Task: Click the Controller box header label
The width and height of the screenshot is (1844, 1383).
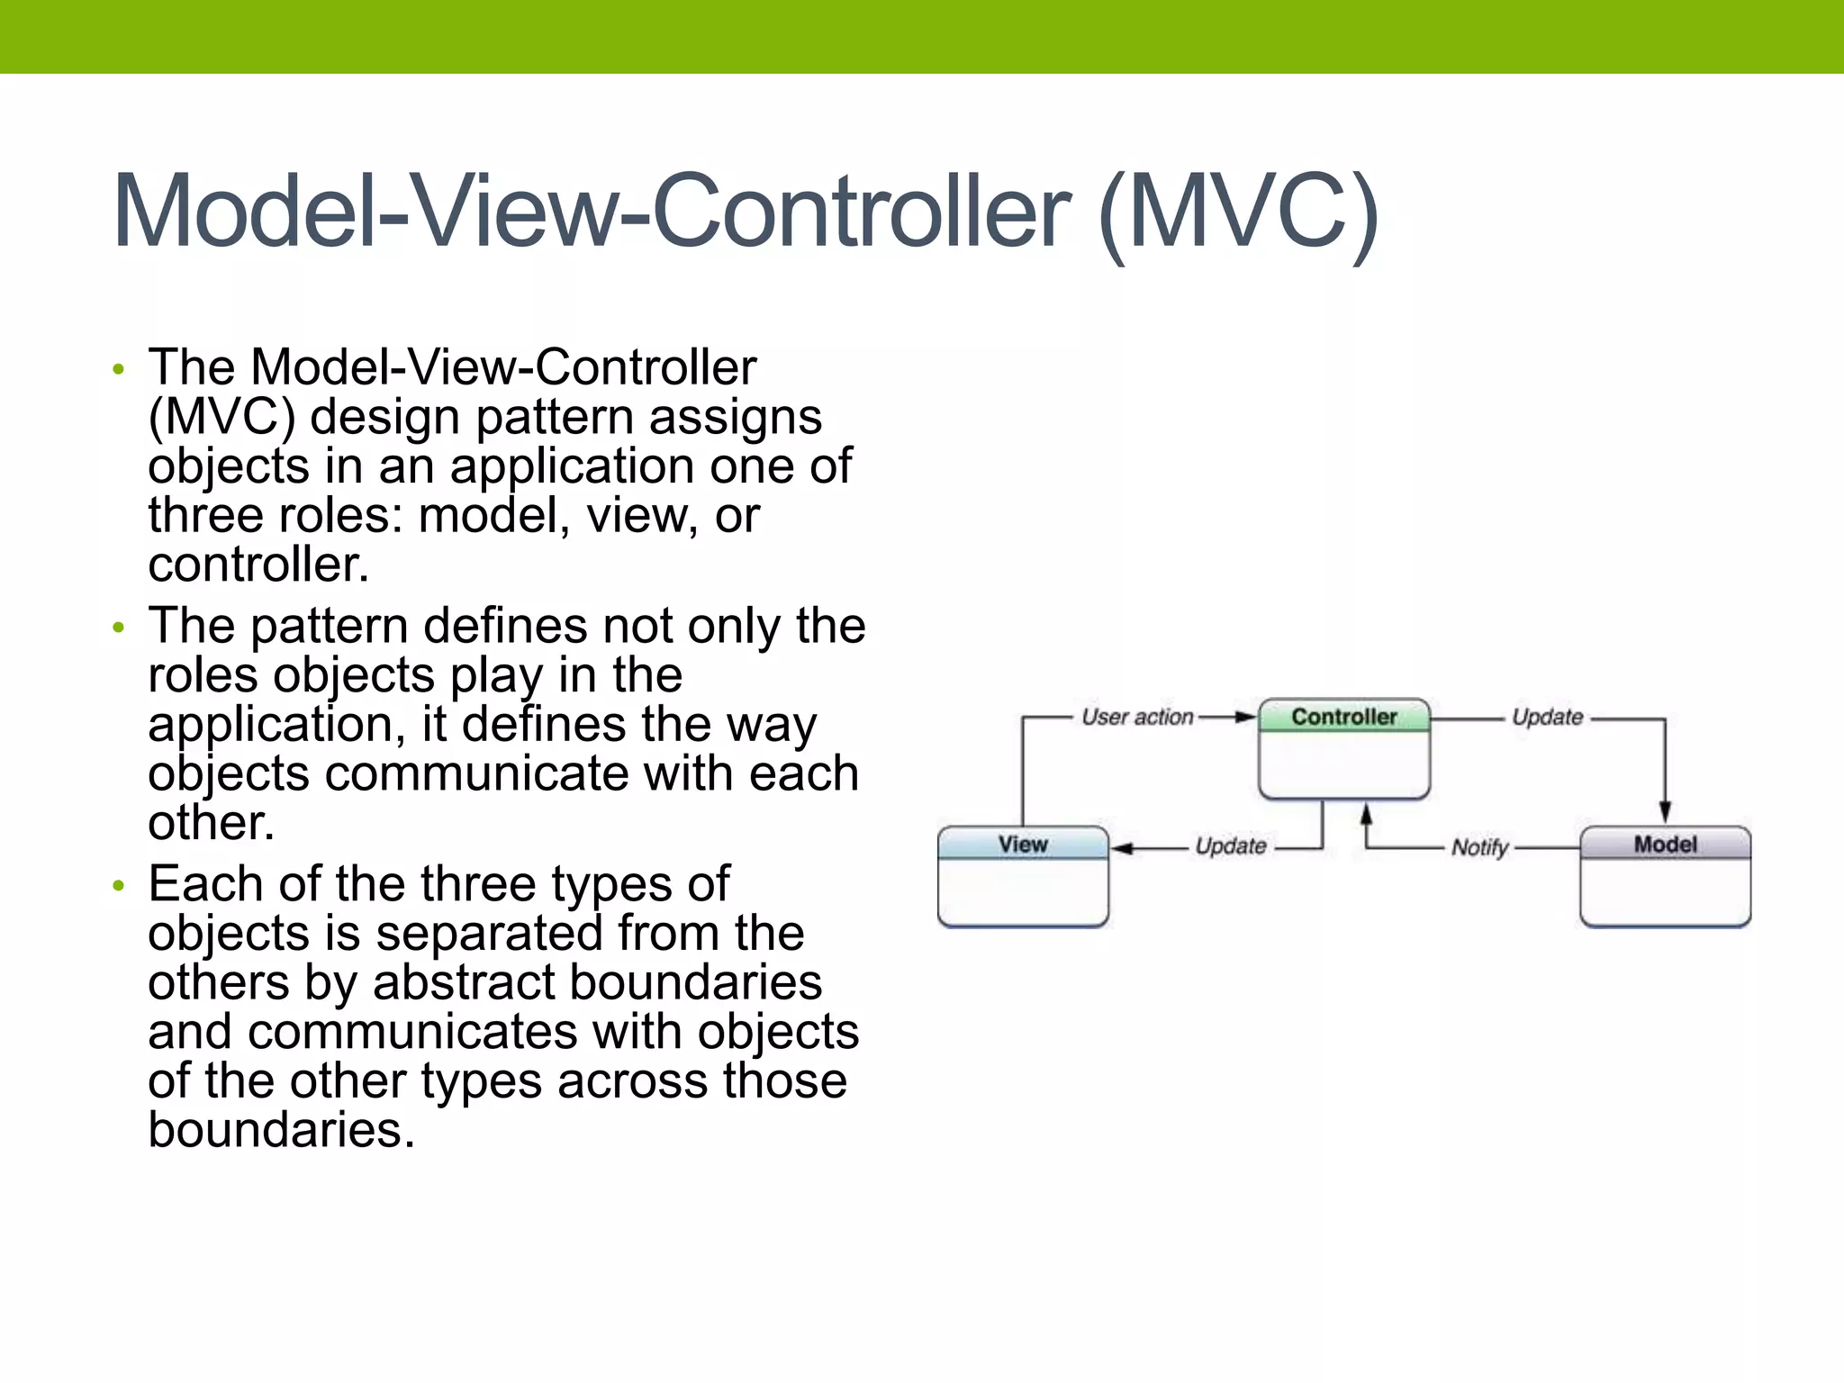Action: coord(1343,717)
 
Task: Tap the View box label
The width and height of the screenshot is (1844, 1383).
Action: coord(1023,845)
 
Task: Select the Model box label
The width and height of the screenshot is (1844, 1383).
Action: coord(1665,845)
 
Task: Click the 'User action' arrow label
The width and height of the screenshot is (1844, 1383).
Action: coord(1137,717)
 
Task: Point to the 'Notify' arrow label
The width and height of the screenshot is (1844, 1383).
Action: coord(1479,848)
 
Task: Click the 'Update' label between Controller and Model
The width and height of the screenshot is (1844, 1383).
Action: coord(1547,717)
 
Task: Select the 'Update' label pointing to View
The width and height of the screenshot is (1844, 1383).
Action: coord(1230,846)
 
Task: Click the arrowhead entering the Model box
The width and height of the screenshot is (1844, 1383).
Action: coord(1665,811)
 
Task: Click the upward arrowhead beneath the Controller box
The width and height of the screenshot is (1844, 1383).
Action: coord(1366,814)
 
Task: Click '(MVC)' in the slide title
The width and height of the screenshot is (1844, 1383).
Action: coord(1238,212)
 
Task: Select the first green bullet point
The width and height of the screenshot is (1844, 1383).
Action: coord(118,369)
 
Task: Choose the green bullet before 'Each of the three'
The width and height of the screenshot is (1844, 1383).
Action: coord(118,886)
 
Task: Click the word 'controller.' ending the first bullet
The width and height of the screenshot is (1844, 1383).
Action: coord(258,565)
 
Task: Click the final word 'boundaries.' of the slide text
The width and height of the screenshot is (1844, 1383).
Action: coord(281,1130)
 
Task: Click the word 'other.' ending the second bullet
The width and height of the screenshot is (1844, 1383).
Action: coord(211,823)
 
